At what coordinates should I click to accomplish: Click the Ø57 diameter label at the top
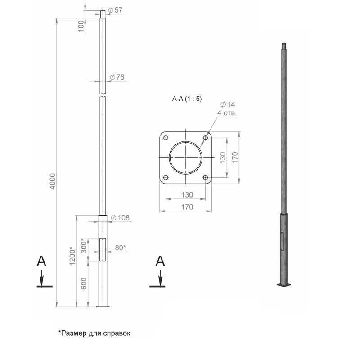(x=115, y=10)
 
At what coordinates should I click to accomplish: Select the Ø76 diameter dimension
(x=117, y=77)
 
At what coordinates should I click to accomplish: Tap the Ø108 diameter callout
(x=120, y=218)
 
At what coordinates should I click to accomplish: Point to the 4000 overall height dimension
(x=53, y=181)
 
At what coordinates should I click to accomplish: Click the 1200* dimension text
(x=72, y=256)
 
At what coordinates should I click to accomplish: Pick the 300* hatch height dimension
(x=84, y=246)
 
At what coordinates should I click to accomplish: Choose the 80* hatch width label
(x=120, y=248)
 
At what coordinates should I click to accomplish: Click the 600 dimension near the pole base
(x=84, y=283)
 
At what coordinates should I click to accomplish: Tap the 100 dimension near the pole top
(x=81, y=26)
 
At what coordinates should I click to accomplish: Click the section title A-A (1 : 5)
(x=187, y=99)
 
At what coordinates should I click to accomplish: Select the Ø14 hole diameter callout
(x=228, y=105)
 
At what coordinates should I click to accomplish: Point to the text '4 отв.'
(x=227, y=113)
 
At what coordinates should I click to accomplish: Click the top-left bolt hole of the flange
(x=166, y=138)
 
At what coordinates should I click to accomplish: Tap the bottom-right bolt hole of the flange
(x=206, y=177)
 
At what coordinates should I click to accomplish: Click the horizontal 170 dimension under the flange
(x=187, y=207)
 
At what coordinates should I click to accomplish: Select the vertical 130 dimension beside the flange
(x=223, y=157)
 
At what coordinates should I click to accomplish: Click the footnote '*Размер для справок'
(x=94, y=333)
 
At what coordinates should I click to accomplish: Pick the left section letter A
(x=41, y=261)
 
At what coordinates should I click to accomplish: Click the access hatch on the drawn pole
(x=103, y=250)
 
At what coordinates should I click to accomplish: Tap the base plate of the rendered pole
(x=284, y=285)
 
